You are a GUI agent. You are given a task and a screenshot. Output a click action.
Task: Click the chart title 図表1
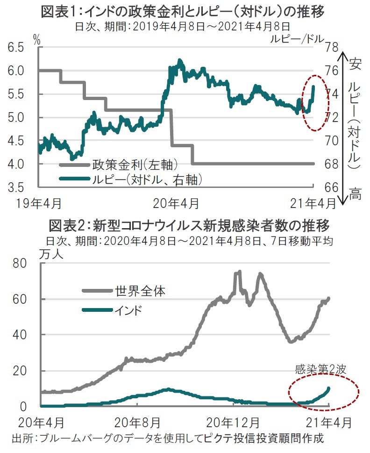coord(183,10)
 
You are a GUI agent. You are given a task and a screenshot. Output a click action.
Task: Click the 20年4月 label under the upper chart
coord(176,204)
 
